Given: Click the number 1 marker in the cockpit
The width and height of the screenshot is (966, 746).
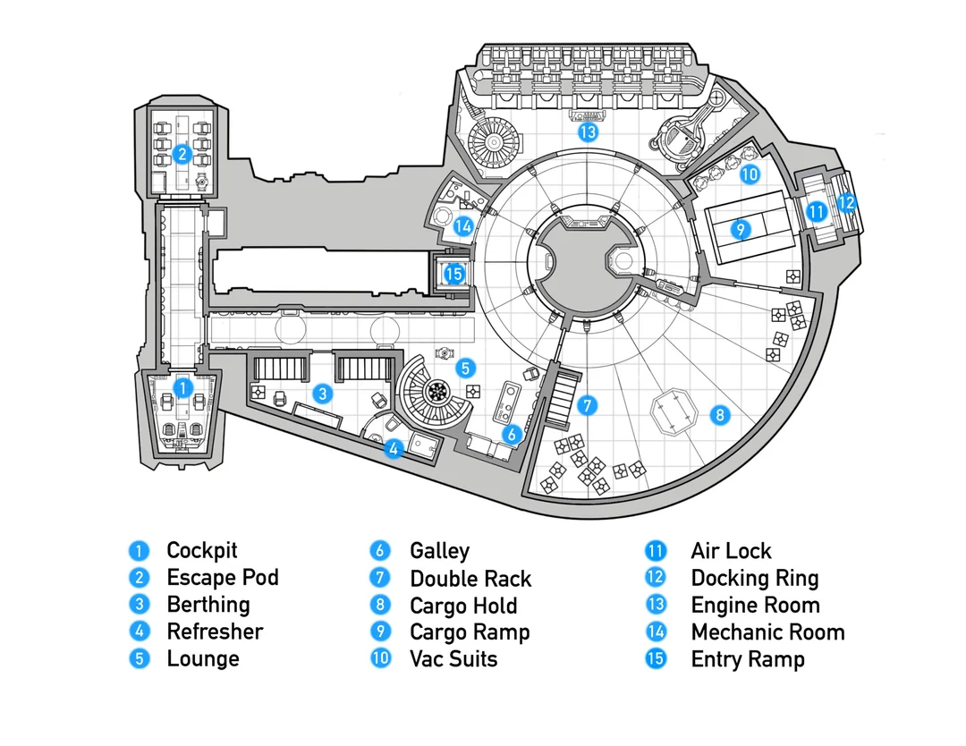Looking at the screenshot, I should coord(182,388).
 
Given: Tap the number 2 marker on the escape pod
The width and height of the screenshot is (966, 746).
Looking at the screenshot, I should coord(182,154).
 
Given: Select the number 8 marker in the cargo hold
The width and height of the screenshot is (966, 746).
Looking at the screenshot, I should coord(718,415).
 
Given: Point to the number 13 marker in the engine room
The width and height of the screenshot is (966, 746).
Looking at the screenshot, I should coord(587,133).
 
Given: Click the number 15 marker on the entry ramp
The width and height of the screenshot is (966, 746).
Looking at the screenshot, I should coord(454,274).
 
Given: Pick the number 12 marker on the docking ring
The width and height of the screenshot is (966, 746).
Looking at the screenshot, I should coord(846,202).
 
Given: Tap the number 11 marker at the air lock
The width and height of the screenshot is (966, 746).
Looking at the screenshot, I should coord(815,213).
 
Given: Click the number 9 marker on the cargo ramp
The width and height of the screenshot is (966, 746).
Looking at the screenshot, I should coord(739,229).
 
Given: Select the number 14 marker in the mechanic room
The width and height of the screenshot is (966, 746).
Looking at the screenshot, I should coord(462,226).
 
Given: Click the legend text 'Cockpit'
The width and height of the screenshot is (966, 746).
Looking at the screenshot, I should coord(202,551).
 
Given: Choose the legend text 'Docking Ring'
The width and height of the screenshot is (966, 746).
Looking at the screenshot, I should coord(754,579).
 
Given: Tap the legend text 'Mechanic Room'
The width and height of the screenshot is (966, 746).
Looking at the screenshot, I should coord(767,632).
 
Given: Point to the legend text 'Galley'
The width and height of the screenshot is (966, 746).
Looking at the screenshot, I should coord(439,551).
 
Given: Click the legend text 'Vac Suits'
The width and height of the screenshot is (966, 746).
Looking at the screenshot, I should coord(453,659).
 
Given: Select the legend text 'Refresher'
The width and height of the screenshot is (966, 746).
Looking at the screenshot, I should coord(215,632).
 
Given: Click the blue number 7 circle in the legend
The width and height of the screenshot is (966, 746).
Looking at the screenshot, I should coord(381,579).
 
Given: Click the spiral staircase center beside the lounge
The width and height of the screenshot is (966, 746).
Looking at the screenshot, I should coord(438,389).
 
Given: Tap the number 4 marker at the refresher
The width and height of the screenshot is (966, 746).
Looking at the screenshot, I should coord(393,449).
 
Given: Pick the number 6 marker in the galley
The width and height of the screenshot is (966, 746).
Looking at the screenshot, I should coord(512,435).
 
